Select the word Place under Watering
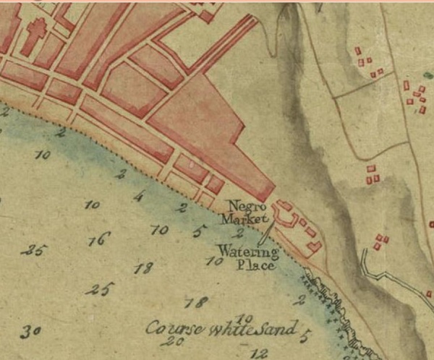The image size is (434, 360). coord(256,265)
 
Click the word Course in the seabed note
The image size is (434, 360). coord(167,329)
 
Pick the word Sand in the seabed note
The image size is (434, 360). coord(276,330)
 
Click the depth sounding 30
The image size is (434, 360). coord(30,331)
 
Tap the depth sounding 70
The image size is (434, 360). coord(159,231)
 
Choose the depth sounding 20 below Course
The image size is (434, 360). coord(172,341)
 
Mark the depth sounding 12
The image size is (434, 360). coord(259,353)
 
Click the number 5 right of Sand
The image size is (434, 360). coord(305,334)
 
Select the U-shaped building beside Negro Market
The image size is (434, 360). coord(285,213)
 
